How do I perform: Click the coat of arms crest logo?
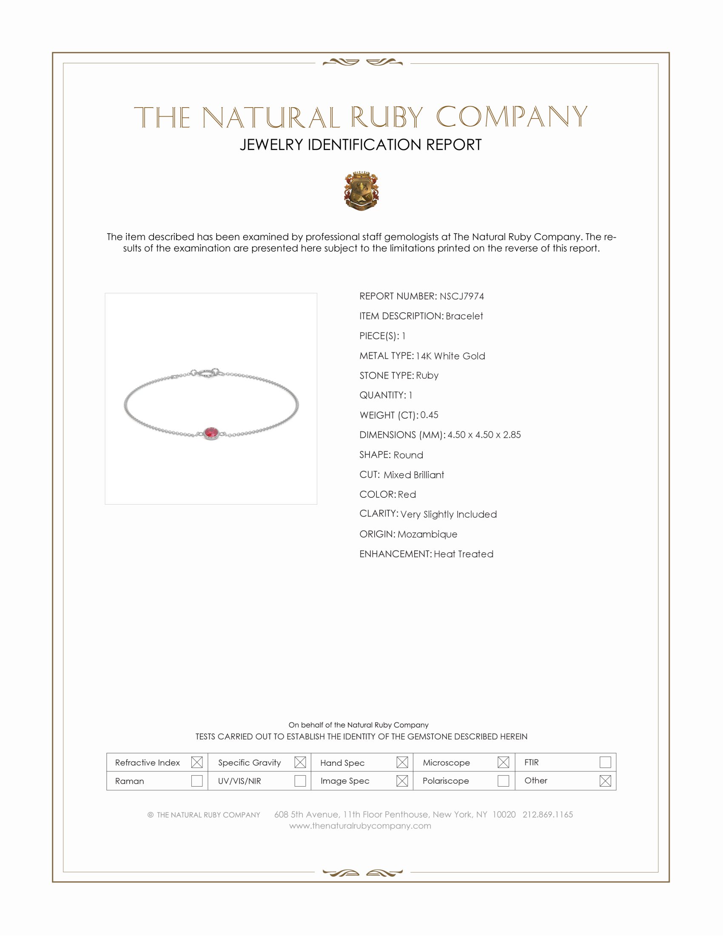361,191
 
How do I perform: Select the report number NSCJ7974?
461,296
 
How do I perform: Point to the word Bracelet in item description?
464,316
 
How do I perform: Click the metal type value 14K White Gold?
450,356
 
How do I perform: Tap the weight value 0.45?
429,415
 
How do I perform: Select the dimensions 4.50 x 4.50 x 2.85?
484,434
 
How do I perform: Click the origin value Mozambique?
427,534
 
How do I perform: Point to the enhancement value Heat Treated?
464,554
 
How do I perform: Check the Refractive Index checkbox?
196,762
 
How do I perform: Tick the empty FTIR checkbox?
605,762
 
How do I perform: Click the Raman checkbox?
196,780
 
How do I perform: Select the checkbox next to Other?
605,780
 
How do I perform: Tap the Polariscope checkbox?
503,780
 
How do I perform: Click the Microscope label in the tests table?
446,762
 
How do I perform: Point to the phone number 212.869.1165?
547,814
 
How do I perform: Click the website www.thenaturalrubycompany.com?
360,825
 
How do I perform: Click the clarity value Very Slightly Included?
448,514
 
